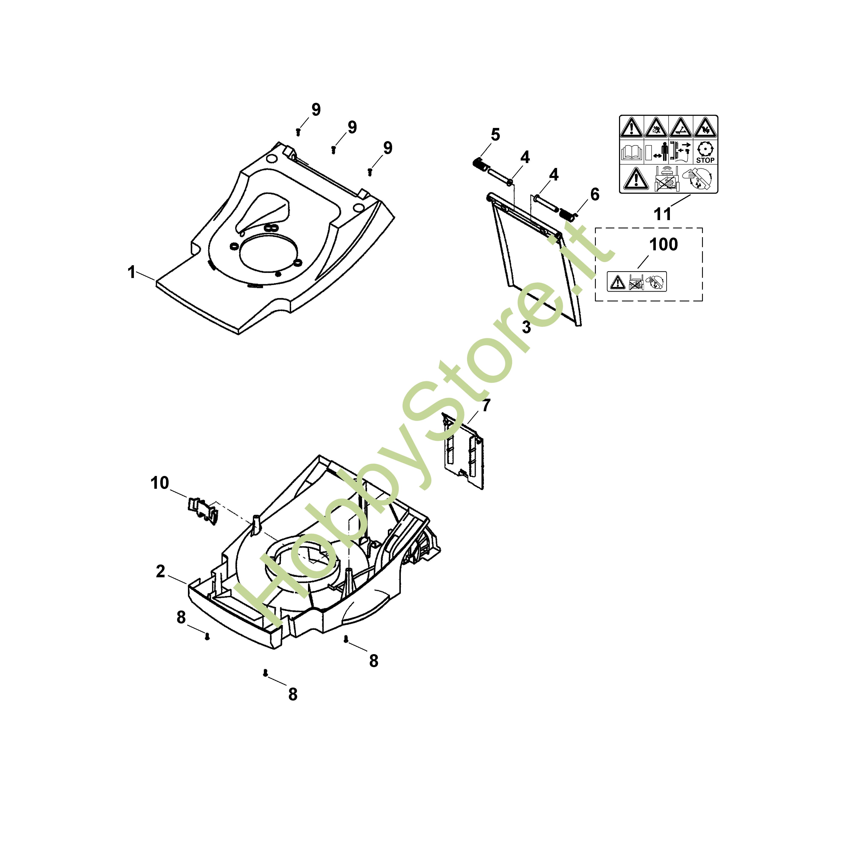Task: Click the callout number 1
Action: (x=131, y=272)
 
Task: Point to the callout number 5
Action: (x=496, y=134)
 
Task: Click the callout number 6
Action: (x=595, y=194)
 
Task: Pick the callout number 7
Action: (x=487, y=405)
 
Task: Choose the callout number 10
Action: (x=160, y=483)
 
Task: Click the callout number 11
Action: (x=663, y=214)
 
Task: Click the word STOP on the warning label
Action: (x=705, y=160)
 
